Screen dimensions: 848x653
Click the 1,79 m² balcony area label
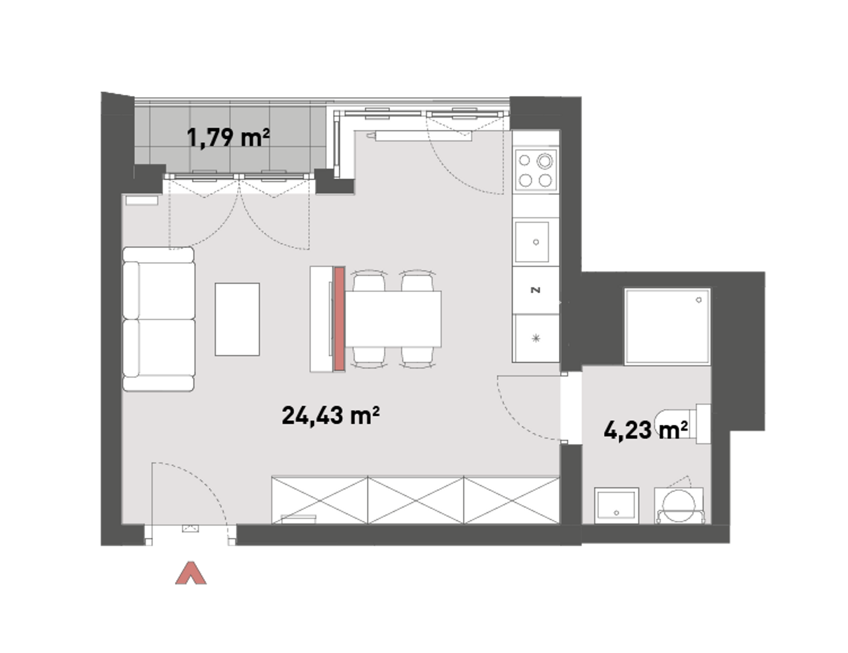click(x=228, y=137)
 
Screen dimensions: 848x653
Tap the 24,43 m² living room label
click(x=331, y=415)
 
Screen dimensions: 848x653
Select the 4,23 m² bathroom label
click(x=646, y=430)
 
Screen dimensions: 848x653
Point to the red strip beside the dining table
click(x=339, y=319)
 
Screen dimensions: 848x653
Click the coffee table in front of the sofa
click(x=237, y=319)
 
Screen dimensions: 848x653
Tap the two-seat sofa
click(x=158, y=319)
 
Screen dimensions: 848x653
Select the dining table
click(x=393, y=319)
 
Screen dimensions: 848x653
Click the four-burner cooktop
click(x=536, y=170)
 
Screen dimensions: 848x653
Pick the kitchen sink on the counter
click(x=532, y=242)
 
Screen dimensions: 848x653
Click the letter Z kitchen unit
click(x=536, y=290)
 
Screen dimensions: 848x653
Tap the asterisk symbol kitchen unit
click(x=536, y=338)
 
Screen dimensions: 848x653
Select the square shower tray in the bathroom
click(x=667, y=326)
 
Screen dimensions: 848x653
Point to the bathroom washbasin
click(x=616, y=506)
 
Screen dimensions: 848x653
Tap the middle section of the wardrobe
click(x=416, y=500)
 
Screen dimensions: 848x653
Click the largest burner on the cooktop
click(x=545, y=160)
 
